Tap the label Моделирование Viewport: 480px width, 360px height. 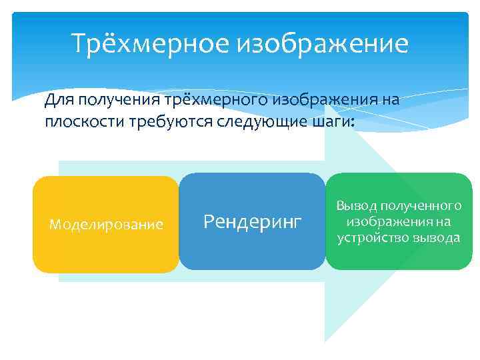tap(106, 225)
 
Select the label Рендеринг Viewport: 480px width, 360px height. tap(253, 221)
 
